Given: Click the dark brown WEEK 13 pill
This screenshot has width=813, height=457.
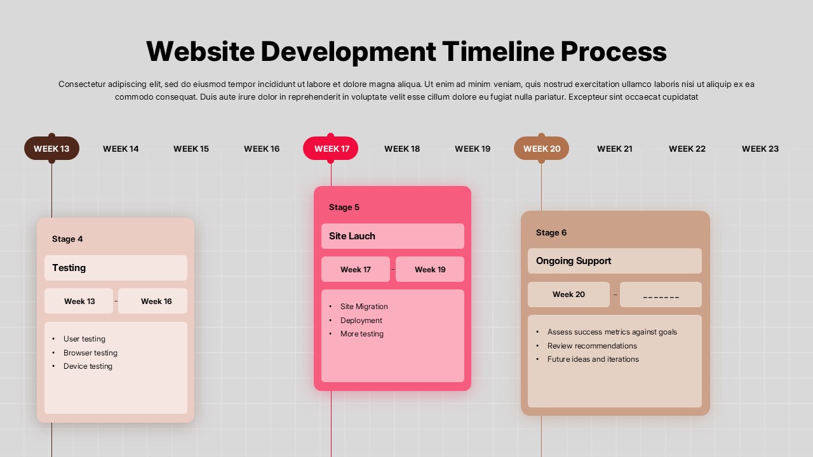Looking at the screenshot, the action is pos(51,149).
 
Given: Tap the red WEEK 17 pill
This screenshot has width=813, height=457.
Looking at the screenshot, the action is pos(330,149).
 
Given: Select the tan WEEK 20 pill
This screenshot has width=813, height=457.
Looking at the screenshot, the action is pos(541,149).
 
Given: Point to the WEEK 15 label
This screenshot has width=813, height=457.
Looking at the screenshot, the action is pos(191,149).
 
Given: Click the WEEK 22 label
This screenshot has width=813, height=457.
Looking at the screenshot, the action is pos(687,149).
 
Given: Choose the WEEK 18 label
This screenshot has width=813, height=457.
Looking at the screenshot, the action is pos(402,149).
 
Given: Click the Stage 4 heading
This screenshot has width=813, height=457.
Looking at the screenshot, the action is pos(67,239).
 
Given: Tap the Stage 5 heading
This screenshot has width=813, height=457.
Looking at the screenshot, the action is pos(344,207).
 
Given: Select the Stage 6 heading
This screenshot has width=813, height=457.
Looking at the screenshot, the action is pos(551,232).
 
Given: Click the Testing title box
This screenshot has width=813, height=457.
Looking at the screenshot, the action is pos(116,268).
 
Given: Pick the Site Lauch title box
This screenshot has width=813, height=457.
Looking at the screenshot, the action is pos(393,236).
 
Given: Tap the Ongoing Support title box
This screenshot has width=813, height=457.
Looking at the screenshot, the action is pos(614,261).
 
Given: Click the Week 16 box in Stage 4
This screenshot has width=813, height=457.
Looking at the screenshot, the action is pos(153,301).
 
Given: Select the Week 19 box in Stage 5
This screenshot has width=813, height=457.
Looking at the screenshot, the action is pos(430,269).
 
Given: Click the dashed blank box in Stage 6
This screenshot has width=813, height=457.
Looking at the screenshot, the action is pos(661,295).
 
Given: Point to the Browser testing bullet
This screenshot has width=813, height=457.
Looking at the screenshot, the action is pos(90,352).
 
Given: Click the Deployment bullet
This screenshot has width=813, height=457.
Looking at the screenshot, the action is pos(361,321).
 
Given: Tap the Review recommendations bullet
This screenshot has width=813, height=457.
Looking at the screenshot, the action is pos(592,346).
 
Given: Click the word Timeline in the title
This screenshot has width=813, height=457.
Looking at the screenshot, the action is pos(498,51).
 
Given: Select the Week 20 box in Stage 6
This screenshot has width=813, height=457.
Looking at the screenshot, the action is pos(568,295).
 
